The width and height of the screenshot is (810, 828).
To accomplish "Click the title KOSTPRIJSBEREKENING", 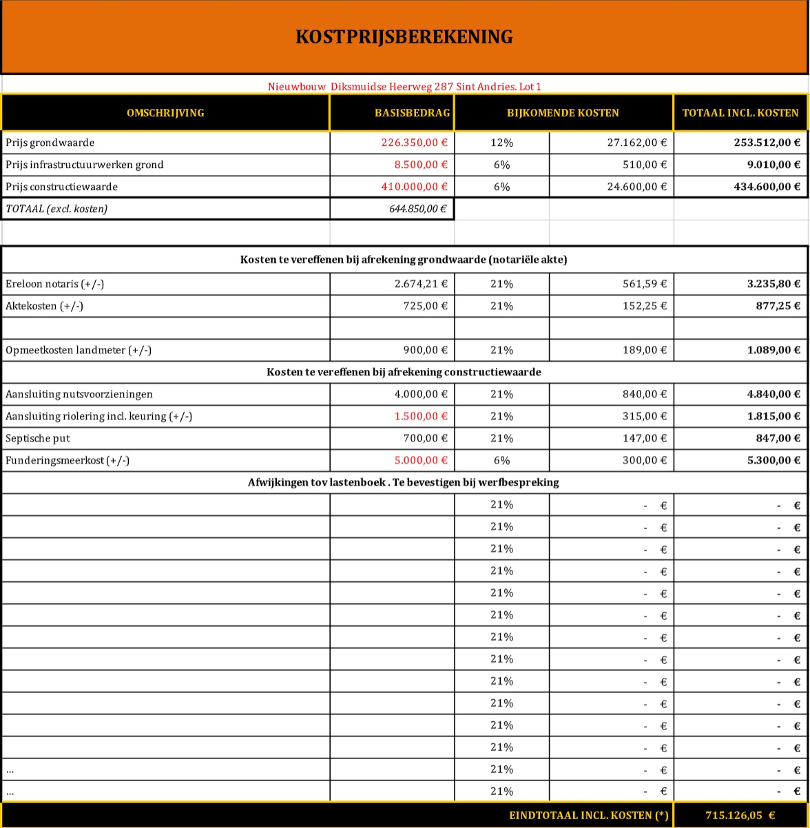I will click(x=404, y=37).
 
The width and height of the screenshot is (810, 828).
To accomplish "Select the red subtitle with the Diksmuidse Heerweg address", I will click(x=404, y=87).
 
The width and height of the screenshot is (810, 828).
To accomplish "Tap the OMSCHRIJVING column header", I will click(x=165, y=113).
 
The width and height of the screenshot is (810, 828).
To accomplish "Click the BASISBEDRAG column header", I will click(x=413, y=113).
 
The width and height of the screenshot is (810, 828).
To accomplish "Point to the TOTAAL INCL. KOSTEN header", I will click(x=740, y=113).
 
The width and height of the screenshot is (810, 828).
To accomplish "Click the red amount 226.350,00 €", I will click(x=414, y=143).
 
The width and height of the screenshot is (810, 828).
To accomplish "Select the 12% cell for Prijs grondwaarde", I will click(x=501, y=143).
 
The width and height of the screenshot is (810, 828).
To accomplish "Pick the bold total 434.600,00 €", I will click(x=765, y=187).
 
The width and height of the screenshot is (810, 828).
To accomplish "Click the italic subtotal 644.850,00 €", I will click(x=417, y=209).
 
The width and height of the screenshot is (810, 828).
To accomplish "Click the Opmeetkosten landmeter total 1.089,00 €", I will click(x=773, y=350).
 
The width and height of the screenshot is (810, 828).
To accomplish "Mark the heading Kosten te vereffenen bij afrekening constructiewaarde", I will click(x=404, y=372).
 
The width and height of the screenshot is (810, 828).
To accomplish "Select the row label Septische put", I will click(x=38, y=438).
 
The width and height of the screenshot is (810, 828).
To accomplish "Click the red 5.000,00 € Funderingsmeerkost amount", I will click(x=421, y=460).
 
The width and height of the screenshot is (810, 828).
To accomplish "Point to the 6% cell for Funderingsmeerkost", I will click(x=501, y=460).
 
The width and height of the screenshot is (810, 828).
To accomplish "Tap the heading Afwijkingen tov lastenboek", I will click(x=404, y=482).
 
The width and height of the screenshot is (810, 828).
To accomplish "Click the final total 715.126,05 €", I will click(x=740, y=816).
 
